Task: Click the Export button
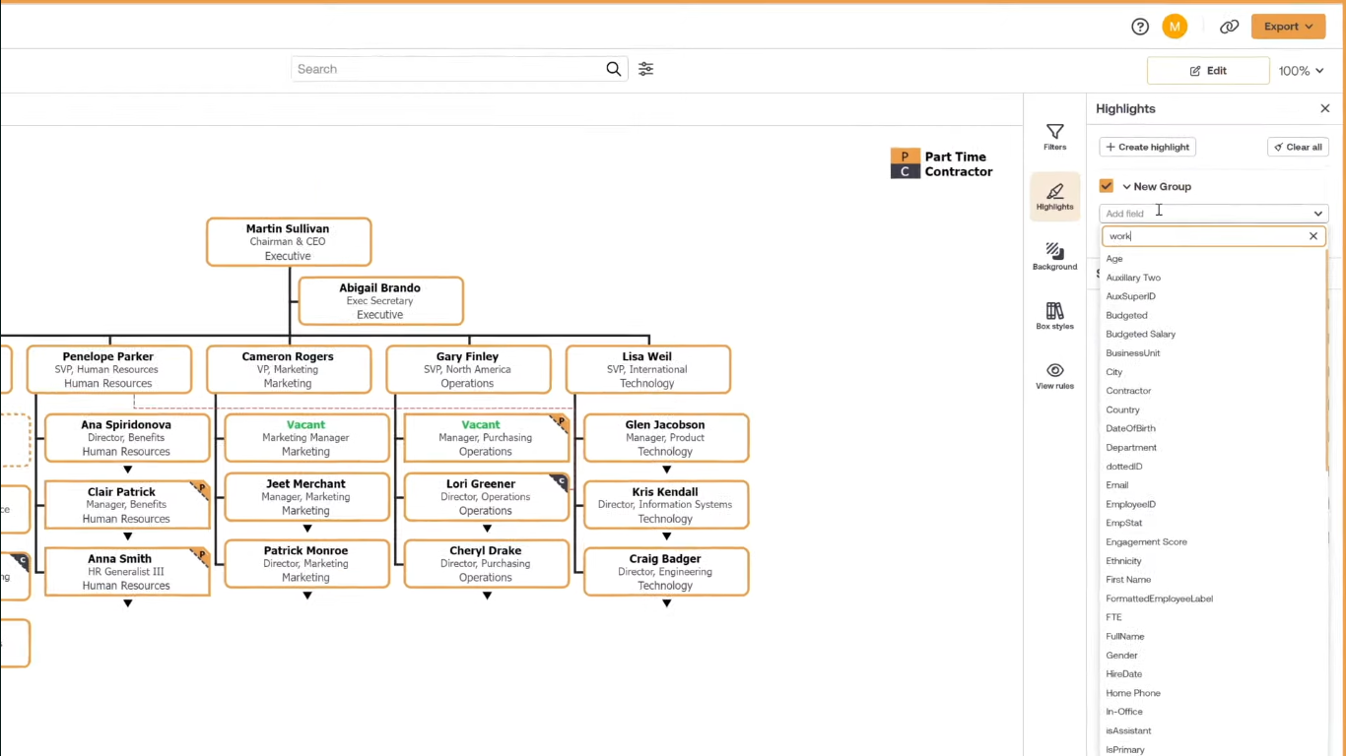tap(1288, 27)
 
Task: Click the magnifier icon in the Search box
tap(614, 69)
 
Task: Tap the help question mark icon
tap(1140, 27)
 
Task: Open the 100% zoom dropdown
tap(1301, 71)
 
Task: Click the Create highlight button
tap(1147, 147)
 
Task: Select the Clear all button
tap(1298, 147)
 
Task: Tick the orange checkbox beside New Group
tap(1107, 186)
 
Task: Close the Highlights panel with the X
tap(1325, 108)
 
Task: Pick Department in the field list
tap(1131, 447)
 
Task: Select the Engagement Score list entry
tap(1146, 541)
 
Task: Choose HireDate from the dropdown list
tap(1123, 673)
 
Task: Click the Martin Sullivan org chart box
tap(289, 242)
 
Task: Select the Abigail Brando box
tap(380, 301)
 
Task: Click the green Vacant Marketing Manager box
tap(306, 438)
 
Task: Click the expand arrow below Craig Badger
tap(666, 603)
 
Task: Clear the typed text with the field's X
tap(1312, 236)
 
